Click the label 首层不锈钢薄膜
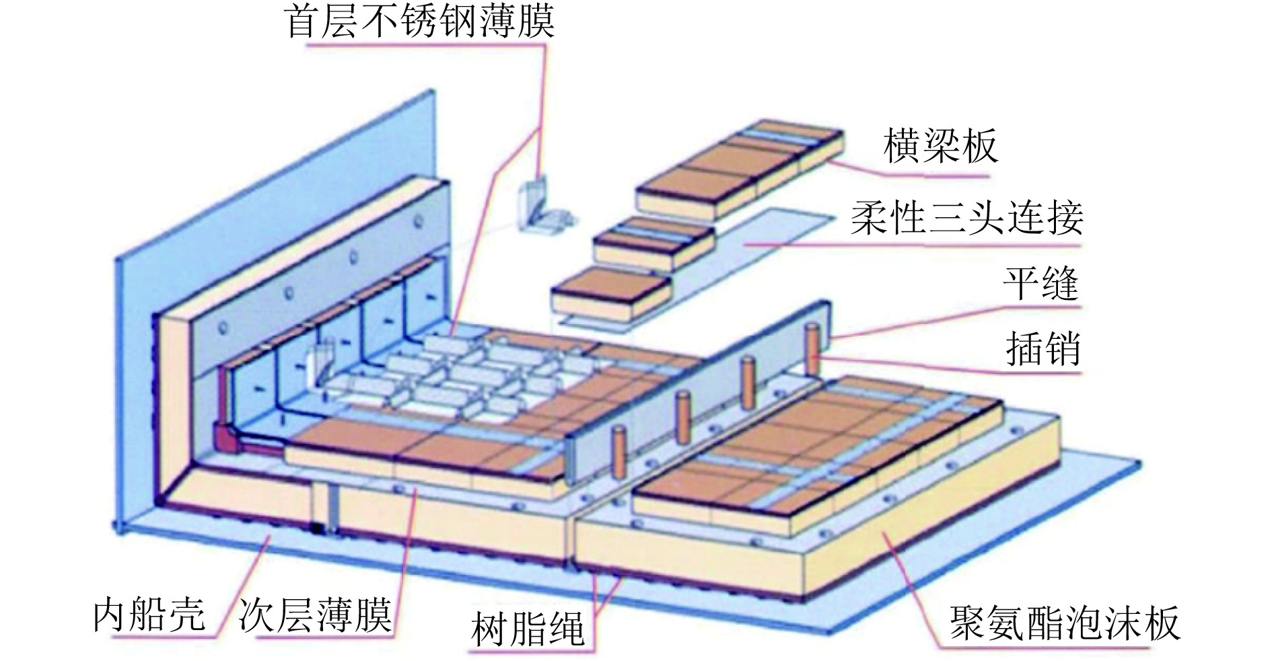point(421,22)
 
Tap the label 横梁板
point(940,147)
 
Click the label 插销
point(1043,349)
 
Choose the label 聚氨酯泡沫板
point(1064,623)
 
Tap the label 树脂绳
point(528,629)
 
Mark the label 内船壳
point(149,613)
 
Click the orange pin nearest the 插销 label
point(813,350)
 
